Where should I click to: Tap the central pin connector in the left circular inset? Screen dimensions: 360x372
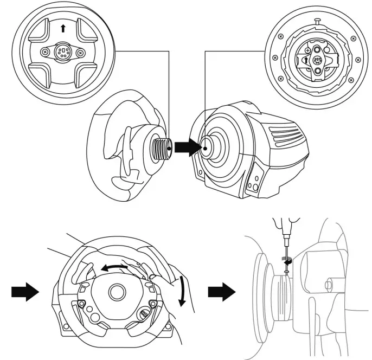coord(63,53)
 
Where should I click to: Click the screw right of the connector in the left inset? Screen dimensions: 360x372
coord(80,53)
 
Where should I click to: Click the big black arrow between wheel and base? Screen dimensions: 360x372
coord(190,147)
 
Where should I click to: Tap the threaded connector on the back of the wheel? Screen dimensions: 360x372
coord(161,146)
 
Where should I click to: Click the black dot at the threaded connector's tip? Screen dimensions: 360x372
coord(170,147)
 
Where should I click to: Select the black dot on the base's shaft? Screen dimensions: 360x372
coord(206,147)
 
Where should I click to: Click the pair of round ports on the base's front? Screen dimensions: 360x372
coord(252,187)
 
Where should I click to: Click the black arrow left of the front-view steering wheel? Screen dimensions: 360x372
coord(25,292)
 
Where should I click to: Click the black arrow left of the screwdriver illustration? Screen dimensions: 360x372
coord(221,292)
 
